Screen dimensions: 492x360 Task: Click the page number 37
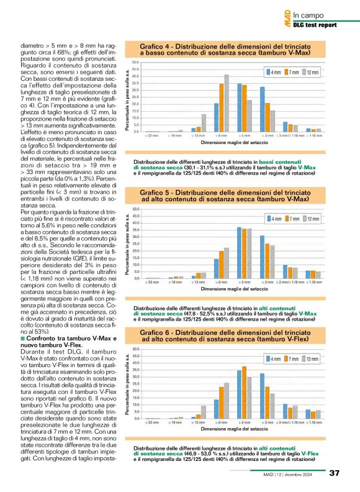(334, 474)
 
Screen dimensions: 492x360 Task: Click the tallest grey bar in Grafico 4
(227, 103)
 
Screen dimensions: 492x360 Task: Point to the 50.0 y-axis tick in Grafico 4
(136, 63)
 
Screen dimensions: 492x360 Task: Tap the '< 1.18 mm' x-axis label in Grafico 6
(315, 422)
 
